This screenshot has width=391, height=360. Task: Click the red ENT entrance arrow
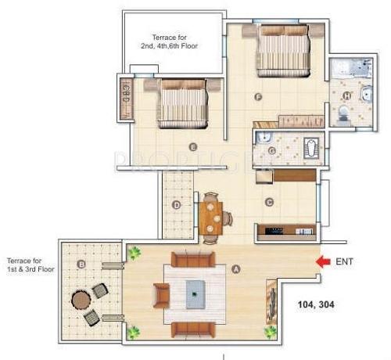320,262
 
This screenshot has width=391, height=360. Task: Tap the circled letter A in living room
235,268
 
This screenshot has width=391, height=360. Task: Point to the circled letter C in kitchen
269,202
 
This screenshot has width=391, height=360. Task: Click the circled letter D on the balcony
177,206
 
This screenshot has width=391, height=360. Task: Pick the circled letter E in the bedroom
192,146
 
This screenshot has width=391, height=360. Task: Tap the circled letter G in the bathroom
271,150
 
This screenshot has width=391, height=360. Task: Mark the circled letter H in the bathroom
347,96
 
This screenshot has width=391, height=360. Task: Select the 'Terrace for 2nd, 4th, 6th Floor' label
169,41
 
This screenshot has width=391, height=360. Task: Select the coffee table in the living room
194,295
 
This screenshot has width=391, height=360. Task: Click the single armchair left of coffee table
162,295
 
